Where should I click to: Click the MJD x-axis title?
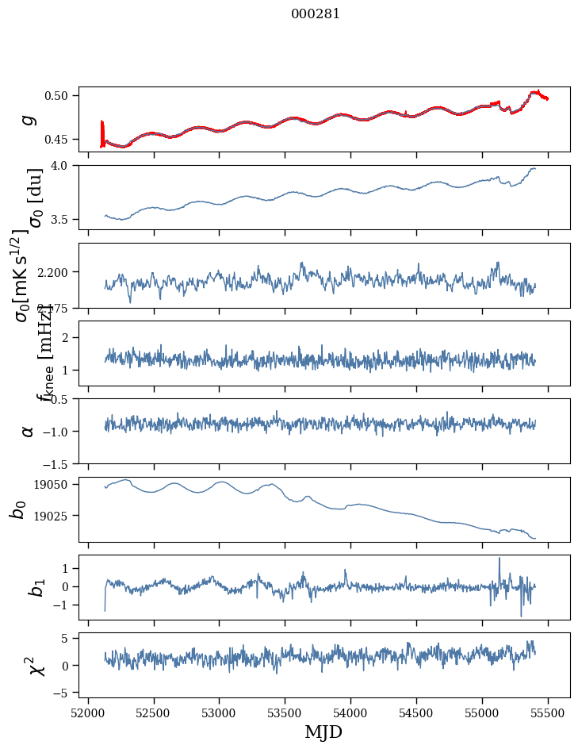(x=323, y=732)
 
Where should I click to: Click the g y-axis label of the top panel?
(x=29, y=119)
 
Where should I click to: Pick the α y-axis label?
(x=29, y=431)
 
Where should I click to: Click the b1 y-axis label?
(x=29, y=587)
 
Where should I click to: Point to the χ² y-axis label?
(x=29, y=665)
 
